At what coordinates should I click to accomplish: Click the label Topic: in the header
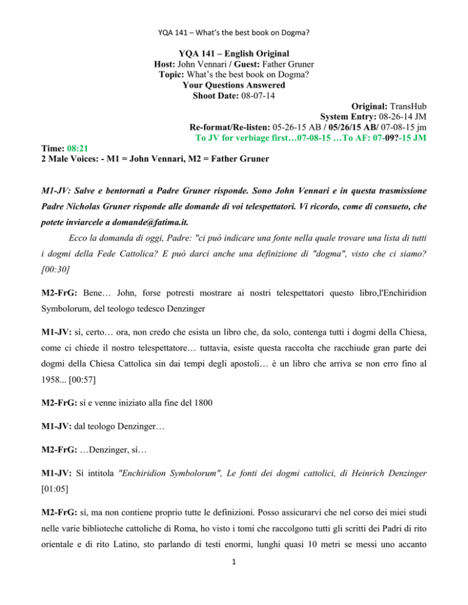pos(174,74)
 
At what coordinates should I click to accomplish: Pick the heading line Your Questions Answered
pos(233,85)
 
